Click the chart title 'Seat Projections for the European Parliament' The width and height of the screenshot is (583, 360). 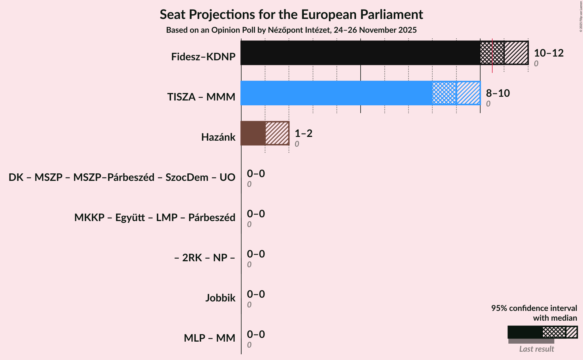coord(291,14)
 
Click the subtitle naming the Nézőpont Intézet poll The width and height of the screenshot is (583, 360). coord(291,30)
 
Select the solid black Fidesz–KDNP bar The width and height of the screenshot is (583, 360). coord(360,53)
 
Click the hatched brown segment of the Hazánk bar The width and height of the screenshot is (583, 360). coord(277,133)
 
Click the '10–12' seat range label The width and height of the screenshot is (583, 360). coord(549,53)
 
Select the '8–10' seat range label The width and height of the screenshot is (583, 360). coord(498,93)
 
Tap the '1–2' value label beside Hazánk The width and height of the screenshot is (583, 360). coord(304,133)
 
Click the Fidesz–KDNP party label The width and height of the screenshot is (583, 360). coord(203,57)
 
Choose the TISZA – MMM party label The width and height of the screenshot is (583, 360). coord(201,97)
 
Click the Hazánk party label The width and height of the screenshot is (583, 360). coord(218,137)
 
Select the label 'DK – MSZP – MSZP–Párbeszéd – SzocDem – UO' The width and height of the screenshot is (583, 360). coord(122,177)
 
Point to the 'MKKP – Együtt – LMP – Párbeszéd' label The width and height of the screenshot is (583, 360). coord(155,218)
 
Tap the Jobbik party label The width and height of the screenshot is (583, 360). coord(220,298)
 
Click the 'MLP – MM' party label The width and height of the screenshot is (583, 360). coord(209,338)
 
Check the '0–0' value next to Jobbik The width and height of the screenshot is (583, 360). coord(256,294)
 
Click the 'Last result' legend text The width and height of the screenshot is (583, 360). coord(537,349)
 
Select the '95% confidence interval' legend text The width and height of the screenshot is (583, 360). coord(534,308)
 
